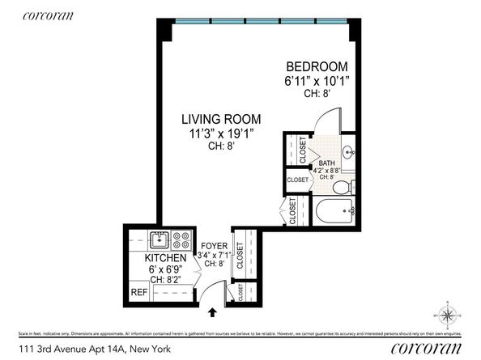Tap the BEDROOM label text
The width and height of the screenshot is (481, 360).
[x=316, y=66]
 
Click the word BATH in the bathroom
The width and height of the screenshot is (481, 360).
[x=326, y=163]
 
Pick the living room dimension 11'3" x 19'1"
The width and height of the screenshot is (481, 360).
[x=215, y=134]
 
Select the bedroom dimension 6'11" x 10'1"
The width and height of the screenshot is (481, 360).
[x=316, y=81]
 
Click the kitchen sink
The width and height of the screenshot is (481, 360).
[x=157, y=239]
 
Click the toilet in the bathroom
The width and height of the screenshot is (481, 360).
[x=343, y=187]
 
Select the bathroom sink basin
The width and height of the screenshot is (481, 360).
[x=347, y=151]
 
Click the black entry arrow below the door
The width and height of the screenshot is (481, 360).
[x=214, y=311]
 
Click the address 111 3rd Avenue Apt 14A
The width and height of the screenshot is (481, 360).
[x=78, y=349]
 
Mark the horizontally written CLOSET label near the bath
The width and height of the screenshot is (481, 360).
[x=297, y=180]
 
